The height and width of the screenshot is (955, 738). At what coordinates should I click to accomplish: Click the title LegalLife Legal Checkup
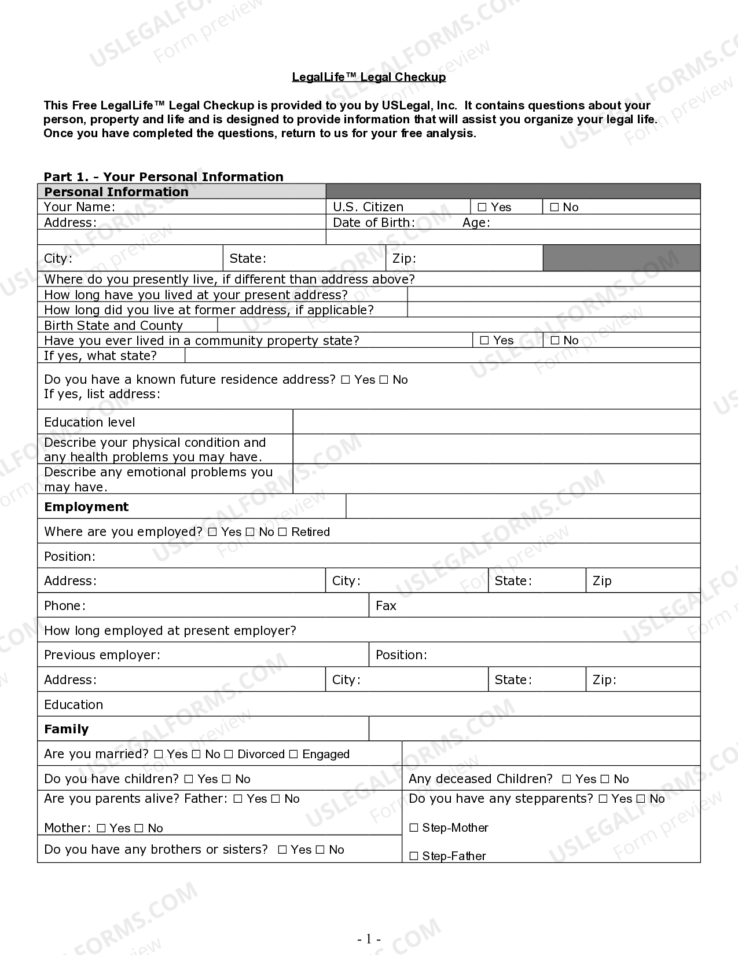pyautogui.click(x=369, y=77)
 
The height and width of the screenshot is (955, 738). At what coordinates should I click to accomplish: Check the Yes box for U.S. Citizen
pyautogui.click(x=482, y=207)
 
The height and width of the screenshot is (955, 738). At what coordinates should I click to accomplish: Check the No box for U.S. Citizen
pyautogui.click(x=554, y=207)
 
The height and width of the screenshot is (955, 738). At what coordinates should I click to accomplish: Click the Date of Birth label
pyautogui.click(x=373, y=223)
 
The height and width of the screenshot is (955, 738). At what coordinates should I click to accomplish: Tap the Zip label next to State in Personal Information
pyautogui.click(x=404, y=259)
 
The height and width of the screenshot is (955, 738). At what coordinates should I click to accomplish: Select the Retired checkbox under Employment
pyautogui.click(x=282, y=532)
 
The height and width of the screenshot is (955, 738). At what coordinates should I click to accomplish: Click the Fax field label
pyautogui.click(x=386, y=606)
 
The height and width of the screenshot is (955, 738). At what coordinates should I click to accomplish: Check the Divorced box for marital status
pyautogui.click(x=229, y=754)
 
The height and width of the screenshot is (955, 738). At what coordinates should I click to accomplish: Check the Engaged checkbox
pyautogui.click(x=293, y=754)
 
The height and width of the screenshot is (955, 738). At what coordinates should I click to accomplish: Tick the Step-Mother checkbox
pyautogui.click(x=414, y=828)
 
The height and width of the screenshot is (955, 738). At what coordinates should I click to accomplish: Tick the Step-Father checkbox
pyautogui.click(x=414, y=856)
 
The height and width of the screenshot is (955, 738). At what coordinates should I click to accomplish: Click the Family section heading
pyautogui.click(x=66, y=729)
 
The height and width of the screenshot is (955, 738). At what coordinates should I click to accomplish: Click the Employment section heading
pyautogui.click(x=86, y=507)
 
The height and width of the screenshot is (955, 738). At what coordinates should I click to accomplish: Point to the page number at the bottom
pyautogui.click(x=369, y=939)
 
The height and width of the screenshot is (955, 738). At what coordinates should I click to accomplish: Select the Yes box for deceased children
pyautogui.click(x=567, y=779)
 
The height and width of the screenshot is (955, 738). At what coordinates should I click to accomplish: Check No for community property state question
pyautogui.click(x=555, y=340)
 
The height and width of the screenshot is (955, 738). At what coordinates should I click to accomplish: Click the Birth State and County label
pyautogui.click(x=113, y=325)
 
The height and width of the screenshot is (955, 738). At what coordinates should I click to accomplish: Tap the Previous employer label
pyautogui.click(x=102, y=655)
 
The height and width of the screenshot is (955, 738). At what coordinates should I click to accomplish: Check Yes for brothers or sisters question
pyautogui.click(x=282, y=850)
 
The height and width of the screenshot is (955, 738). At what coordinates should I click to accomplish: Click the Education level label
pyautogui.click(x=89, y=423)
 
